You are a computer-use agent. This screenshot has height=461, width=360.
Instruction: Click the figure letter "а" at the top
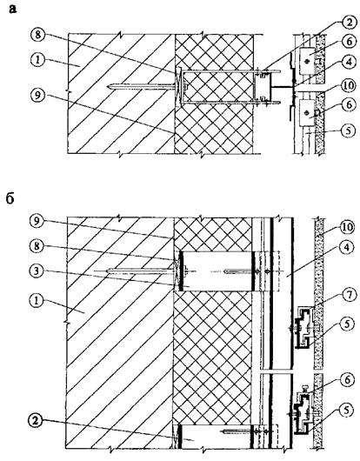[x=13, y=9]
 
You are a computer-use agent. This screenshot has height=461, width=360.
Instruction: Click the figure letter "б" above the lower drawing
[x=10, y=198]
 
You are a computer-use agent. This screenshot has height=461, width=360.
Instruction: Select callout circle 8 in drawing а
[x=37, y=35]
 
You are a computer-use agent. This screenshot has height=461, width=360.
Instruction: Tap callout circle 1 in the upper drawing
[x=37, y=60]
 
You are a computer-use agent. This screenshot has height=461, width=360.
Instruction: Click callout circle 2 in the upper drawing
[x=348, y=23]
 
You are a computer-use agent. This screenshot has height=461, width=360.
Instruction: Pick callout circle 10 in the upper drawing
[x=348, y=87]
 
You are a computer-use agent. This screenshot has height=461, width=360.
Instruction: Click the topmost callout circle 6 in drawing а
[x=348, y=42]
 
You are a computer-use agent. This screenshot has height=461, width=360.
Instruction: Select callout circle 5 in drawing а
[x=348, y=130]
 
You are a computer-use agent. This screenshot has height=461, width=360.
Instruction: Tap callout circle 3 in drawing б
[x=37, y=271]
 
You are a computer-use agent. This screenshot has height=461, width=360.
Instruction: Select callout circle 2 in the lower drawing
[x=36, y=421]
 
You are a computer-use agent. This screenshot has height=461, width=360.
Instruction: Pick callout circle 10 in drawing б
[x=347, y=227]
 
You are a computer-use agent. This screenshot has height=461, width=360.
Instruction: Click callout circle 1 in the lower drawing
[x=37, y=300]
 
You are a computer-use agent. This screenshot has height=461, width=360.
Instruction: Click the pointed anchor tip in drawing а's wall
[x=109, y=86]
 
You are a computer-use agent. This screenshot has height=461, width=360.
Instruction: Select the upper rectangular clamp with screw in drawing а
[x=307, y=61]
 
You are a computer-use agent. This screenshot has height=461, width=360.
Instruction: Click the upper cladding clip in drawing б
[x=303, y=327]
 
